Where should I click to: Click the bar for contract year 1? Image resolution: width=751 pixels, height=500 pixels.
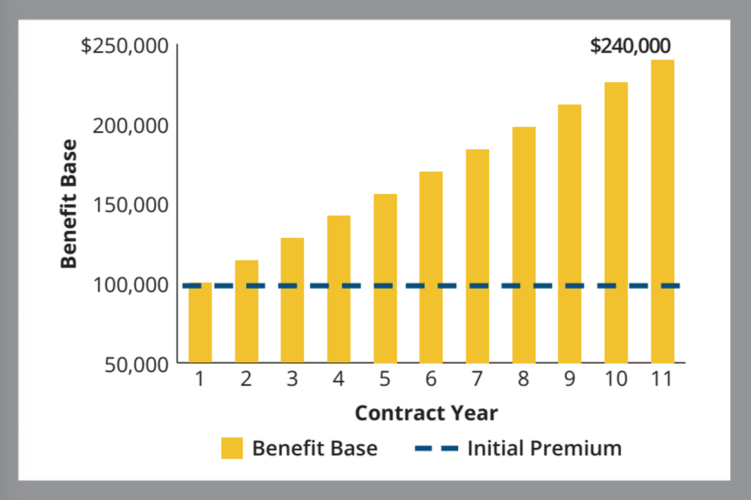(x=200, y=323)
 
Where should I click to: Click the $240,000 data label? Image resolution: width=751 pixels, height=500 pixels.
(x=630, y=47)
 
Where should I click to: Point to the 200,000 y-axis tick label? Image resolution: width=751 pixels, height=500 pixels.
(x=131, y=125)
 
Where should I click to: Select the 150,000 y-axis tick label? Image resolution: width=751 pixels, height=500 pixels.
(x=131, y=205)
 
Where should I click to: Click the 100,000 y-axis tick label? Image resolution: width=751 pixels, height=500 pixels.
(x=131, y=284)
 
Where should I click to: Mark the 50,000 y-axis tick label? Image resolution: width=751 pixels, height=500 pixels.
(x=136, y=364)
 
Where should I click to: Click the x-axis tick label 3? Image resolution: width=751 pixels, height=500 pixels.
(x=292, y=379)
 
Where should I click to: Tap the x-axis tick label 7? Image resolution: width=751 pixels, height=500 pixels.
(x=477, y=379)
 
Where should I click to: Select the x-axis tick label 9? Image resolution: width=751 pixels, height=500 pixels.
(x=569, y=379)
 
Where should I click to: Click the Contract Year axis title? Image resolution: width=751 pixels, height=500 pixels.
(x=427, y=413)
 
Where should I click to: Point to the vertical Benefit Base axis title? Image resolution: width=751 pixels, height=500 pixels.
(x=69, y=203)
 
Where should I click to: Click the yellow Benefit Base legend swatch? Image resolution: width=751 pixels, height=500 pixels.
(x=232, y=448)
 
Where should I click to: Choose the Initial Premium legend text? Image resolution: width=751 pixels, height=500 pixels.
(x=544, y=448)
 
